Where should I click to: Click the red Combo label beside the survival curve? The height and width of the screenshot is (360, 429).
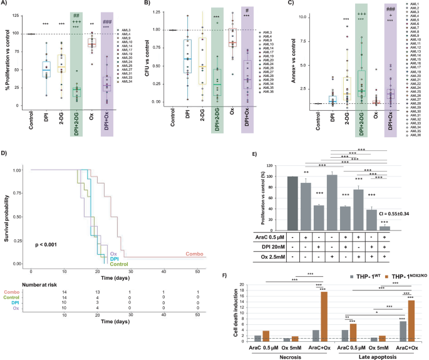pos(195,254)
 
